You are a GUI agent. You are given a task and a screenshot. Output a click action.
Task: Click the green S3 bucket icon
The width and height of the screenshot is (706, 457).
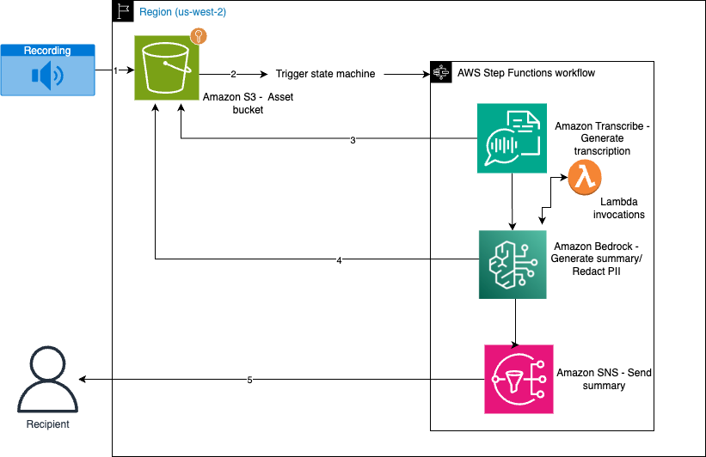click(x=167, y=68)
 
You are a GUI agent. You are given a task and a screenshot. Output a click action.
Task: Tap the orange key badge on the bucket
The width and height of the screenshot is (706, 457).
click(x=199, y=36)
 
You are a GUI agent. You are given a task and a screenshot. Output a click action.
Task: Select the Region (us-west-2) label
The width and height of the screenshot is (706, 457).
click(x=182, y=13)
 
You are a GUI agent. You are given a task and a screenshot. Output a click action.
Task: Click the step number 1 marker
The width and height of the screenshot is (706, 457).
click(x=115, y=71)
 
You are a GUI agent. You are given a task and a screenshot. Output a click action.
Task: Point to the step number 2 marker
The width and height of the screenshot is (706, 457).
click(x=233, y=75)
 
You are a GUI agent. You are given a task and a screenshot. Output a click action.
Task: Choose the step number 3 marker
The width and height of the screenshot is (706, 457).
click(x=353, y=140)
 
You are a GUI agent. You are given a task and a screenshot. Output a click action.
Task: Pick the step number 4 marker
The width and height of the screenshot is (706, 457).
click(x=339, y=260)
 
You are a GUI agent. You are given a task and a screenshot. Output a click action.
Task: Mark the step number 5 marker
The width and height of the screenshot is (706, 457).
click(x=249, y=380)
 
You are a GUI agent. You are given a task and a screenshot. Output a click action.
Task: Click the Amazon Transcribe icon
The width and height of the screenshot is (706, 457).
click(x=513, y=138)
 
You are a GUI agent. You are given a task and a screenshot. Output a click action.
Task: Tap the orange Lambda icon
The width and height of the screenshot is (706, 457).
click(x=585, y=178)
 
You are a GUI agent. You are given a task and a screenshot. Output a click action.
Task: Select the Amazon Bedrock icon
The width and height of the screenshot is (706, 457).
click(x=513, y=264)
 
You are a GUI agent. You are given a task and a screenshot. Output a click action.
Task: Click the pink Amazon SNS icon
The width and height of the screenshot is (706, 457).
click(x=519, y=379)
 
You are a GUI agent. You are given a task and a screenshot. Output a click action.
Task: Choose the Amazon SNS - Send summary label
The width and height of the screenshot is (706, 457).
click(x=604, y=379)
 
